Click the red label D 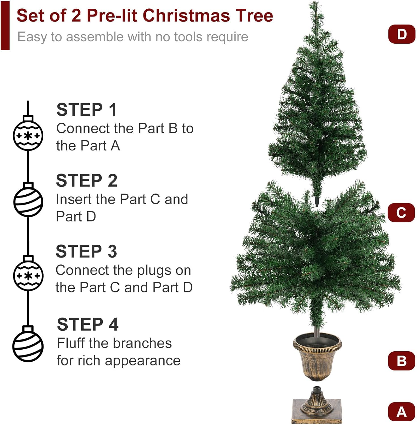coord(402,34)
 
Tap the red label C coord(401,212)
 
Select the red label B coord(401,361)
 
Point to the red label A coord(401,412)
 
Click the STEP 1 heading coord(87,110)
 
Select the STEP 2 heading coord(87,180)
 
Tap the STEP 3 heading coord(86,251)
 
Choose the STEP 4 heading coord(88,324)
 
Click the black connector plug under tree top coord(317,201)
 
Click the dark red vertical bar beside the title coord(5,25)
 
